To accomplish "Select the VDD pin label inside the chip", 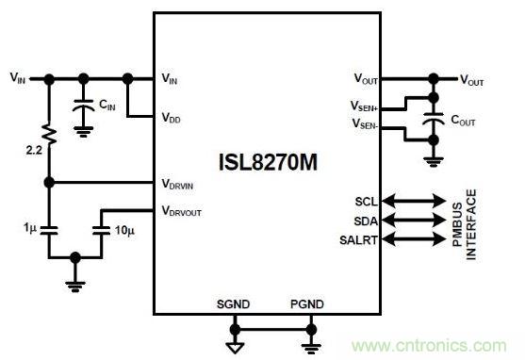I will (173, 118).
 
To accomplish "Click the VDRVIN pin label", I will (180, 184).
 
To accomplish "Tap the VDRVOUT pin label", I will (183, 210).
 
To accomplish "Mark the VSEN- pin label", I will (367, 123).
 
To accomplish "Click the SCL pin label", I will (366, 201).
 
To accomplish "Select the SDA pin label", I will (366, 221).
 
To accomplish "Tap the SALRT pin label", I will (361, 240).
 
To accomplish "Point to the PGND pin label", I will (307, 303).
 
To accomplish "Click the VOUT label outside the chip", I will (472, 81).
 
